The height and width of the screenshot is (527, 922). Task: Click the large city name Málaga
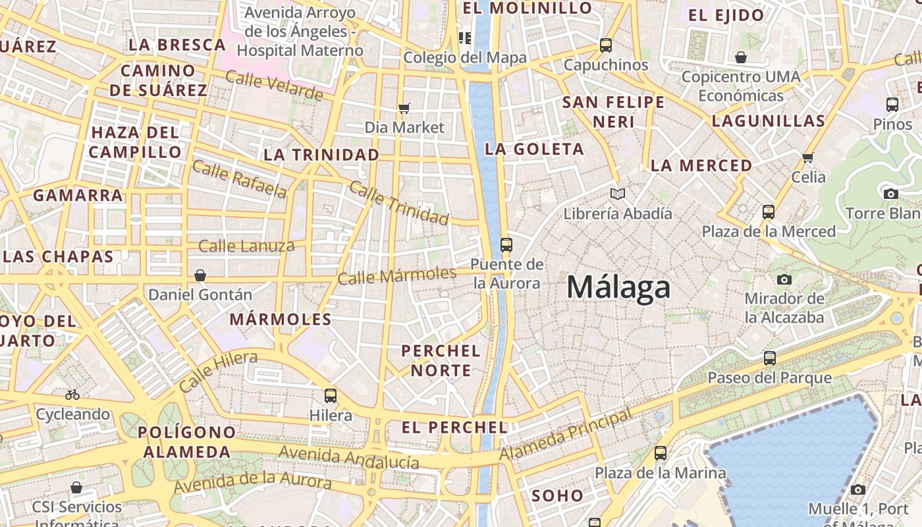pyautogui.click(x=618, y=287)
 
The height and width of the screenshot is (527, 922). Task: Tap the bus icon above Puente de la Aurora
pyautogui.click(x=506, y=245)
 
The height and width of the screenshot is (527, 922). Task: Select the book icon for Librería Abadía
pyautogui.click(x=617, y=194)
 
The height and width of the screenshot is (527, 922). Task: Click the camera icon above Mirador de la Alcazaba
pyautogui.click(x=784, y=280)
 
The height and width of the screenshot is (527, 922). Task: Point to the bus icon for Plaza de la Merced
pyautogui.click(x=769, y=212)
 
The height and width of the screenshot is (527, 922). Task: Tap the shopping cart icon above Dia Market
pyautogui.click(x=404, y=108)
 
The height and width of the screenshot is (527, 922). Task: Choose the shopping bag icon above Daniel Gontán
pyautogui.click(x=200, y=275)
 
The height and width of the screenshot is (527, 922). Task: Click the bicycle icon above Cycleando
pyautogui.click(x=72, y=395)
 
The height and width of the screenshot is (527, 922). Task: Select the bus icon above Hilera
pyautogui.click(x=331, y=396)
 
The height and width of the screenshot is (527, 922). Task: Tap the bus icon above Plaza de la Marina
pyautogui.click(x=661, y=453)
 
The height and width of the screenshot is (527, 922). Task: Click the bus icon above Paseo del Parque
pyautogui.click(x=769, y=359)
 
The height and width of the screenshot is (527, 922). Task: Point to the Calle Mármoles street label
pyautogui.click(x=396, y=275)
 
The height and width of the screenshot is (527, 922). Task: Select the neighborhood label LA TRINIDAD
pyautogui.click(x=321, y=155)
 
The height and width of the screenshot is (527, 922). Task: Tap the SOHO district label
pyautogui.click(x=557, y=495)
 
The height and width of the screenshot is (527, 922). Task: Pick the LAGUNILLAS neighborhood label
pyautogui.click(x=768, y=121)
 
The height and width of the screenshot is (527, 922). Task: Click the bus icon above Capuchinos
pyautogui.click(x=606, y=45)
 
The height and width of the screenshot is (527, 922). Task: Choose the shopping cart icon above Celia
pyautogui.click(x=808, y=157)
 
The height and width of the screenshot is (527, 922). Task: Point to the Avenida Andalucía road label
pyautogui.click(x=348, y=457)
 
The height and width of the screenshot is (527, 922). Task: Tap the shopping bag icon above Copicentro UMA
pyautogui.click(x=741, y=57)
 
